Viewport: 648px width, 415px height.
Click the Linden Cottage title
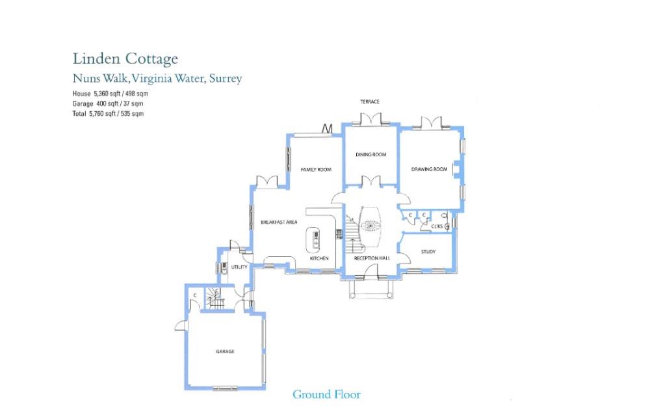point(125,59)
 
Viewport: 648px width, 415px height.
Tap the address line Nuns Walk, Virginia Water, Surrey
point(157,79)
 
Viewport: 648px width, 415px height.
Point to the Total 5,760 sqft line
point(108,113)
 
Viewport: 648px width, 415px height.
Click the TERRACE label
point(370,101)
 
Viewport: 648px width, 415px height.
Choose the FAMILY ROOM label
point(316,170)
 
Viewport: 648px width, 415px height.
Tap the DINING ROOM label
point(370,155)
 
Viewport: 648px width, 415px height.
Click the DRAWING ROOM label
point(429,170)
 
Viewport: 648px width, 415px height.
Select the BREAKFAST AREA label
point(279,222)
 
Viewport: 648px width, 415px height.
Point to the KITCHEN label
point(319,259)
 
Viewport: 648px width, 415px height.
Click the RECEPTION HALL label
point(372,259)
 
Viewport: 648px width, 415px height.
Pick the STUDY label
point(428,252)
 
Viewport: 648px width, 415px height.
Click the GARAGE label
point(225,352)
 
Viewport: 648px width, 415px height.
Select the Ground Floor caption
point(326,394)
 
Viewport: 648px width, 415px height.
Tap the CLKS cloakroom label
point(437,226)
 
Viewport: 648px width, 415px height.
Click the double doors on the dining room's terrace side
point(370,120)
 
